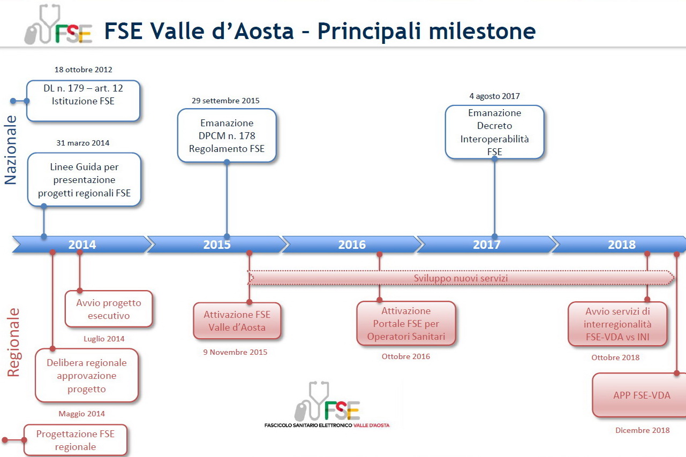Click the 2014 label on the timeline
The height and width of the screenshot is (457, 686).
tap(82, 245)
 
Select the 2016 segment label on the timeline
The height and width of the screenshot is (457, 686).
tap(352, 245)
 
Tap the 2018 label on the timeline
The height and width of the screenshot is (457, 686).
tap(622, 245)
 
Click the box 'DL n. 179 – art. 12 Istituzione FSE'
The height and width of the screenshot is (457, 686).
tap(84, 101)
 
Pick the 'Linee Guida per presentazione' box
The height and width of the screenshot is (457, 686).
tap(84, 179)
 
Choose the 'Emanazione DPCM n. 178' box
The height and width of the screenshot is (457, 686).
tap(227, 135)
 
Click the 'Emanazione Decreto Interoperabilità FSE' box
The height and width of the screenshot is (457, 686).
tap(495, 132)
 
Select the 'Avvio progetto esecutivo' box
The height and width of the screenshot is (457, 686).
tap(109, 309)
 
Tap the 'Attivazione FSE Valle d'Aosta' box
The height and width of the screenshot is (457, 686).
tap(237, 321)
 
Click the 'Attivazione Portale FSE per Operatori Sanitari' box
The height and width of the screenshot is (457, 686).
tap(406, 324)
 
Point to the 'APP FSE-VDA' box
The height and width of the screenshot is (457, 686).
tap(639, 395)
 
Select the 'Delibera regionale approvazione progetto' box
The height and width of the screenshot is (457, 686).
tap(87, 375)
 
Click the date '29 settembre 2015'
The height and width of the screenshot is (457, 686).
tap(225, 101)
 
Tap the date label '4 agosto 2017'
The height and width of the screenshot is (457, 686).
tap(495, 96)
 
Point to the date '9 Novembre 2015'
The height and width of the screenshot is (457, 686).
tap(235, 352)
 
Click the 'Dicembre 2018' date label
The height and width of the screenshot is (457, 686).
tap(643, 430)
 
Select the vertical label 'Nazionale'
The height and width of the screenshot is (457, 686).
tap(10, 150)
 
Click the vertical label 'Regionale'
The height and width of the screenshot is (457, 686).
tap(13, 342)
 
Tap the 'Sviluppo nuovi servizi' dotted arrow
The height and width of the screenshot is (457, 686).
tap(461, 278)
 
